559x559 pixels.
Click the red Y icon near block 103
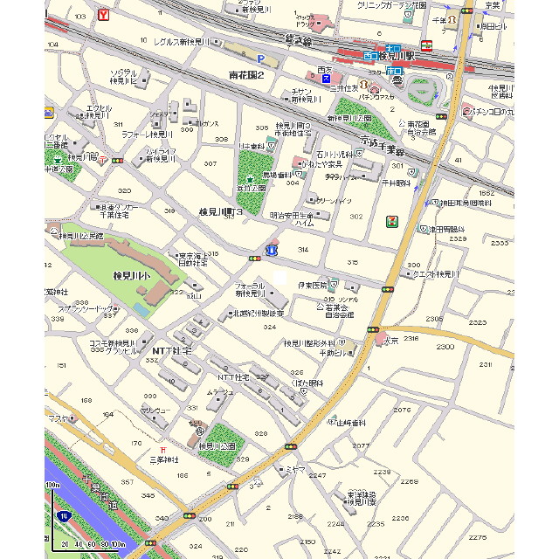tap(104, 15)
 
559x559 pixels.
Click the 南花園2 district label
tap(246, 75)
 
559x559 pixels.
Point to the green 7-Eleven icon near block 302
tap(393, 221)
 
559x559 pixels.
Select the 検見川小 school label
tap(133, 275)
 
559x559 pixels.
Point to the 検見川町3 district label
tap(220, 212)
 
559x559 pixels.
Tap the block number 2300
tap(445, 347)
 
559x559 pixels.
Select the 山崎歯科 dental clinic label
tap(350, 422)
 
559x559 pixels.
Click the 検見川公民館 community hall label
tap(80, 236)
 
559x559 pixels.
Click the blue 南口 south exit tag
tap(395, 69)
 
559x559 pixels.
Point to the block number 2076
tap(402, 410)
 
